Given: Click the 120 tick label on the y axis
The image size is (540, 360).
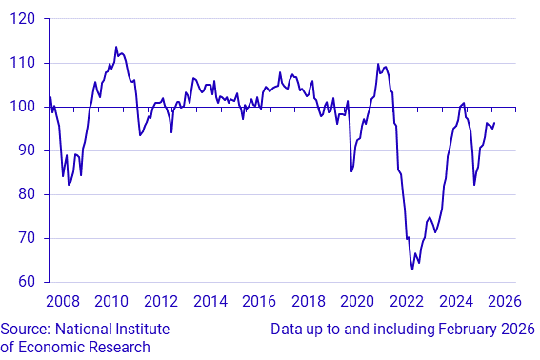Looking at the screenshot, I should point(23,19).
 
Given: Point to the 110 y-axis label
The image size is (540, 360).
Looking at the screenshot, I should point(23,63).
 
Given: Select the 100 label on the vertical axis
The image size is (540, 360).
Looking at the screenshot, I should point(23,107).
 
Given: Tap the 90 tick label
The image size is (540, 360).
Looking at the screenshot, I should point(27,150).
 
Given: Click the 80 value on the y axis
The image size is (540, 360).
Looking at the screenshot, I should point(27,194).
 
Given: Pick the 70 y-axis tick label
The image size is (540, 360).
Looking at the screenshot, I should point(27,238).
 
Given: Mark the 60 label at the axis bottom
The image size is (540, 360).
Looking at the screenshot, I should point(27,282).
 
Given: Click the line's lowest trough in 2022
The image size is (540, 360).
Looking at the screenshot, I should point(412,270).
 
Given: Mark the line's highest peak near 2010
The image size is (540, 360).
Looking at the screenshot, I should point(116,47).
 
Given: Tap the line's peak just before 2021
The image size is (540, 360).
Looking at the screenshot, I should point(378,64).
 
